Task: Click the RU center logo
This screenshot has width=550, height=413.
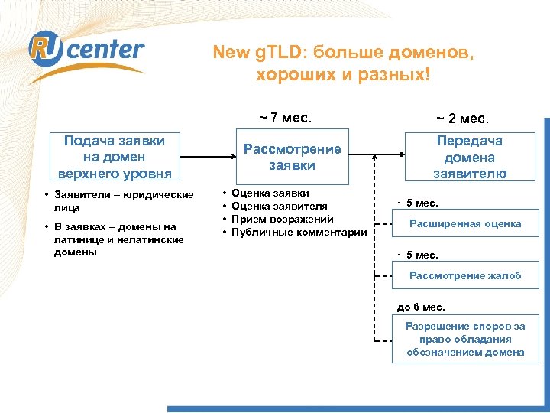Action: (86, 51)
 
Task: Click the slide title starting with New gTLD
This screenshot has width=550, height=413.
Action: (343, 63)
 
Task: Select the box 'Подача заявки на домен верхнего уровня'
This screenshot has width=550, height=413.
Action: (112, 157)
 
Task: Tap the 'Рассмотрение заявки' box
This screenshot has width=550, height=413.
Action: (292, 157)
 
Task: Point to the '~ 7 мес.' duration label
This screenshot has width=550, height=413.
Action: (285, 119)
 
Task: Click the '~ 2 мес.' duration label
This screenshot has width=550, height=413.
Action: (463, 119)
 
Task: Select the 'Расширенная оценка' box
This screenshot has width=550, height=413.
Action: (465, 224)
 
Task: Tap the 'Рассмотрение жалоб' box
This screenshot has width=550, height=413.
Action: (465, 276)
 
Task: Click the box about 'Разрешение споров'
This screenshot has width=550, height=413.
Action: (465, 339)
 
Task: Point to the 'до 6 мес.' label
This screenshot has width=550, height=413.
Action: (420, 307)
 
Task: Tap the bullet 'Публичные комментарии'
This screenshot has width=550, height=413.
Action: (299, 232)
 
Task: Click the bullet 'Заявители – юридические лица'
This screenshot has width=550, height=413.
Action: (123, 200)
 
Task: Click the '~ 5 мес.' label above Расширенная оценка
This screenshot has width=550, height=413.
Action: (417, 203)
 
